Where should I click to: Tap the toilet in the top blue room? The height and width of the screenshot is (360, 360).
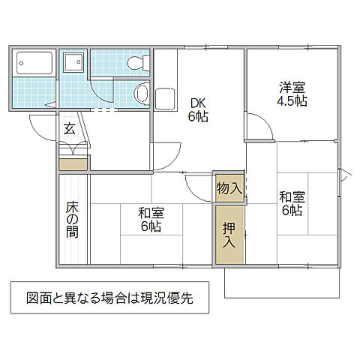pos(136,62)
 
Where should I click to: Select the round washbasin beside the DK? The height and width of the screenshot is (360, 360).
pos(141,93)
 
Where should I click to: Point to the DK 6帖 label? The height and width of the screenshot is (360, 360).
pos(198,109)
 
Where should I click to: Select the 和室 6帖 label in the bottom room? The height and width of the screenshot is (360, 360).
pos(150,219)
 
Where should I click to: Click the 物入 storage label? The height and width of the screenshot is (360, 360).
pos(228,188)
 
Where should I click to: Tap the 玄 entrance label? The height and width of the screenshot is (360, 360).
pos(69,129)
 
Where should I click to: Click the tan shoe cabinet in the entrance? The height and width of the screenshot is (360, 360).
pos(73,163)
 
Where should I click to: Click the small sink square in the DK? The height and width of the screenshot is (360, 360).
pos(164,97)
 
